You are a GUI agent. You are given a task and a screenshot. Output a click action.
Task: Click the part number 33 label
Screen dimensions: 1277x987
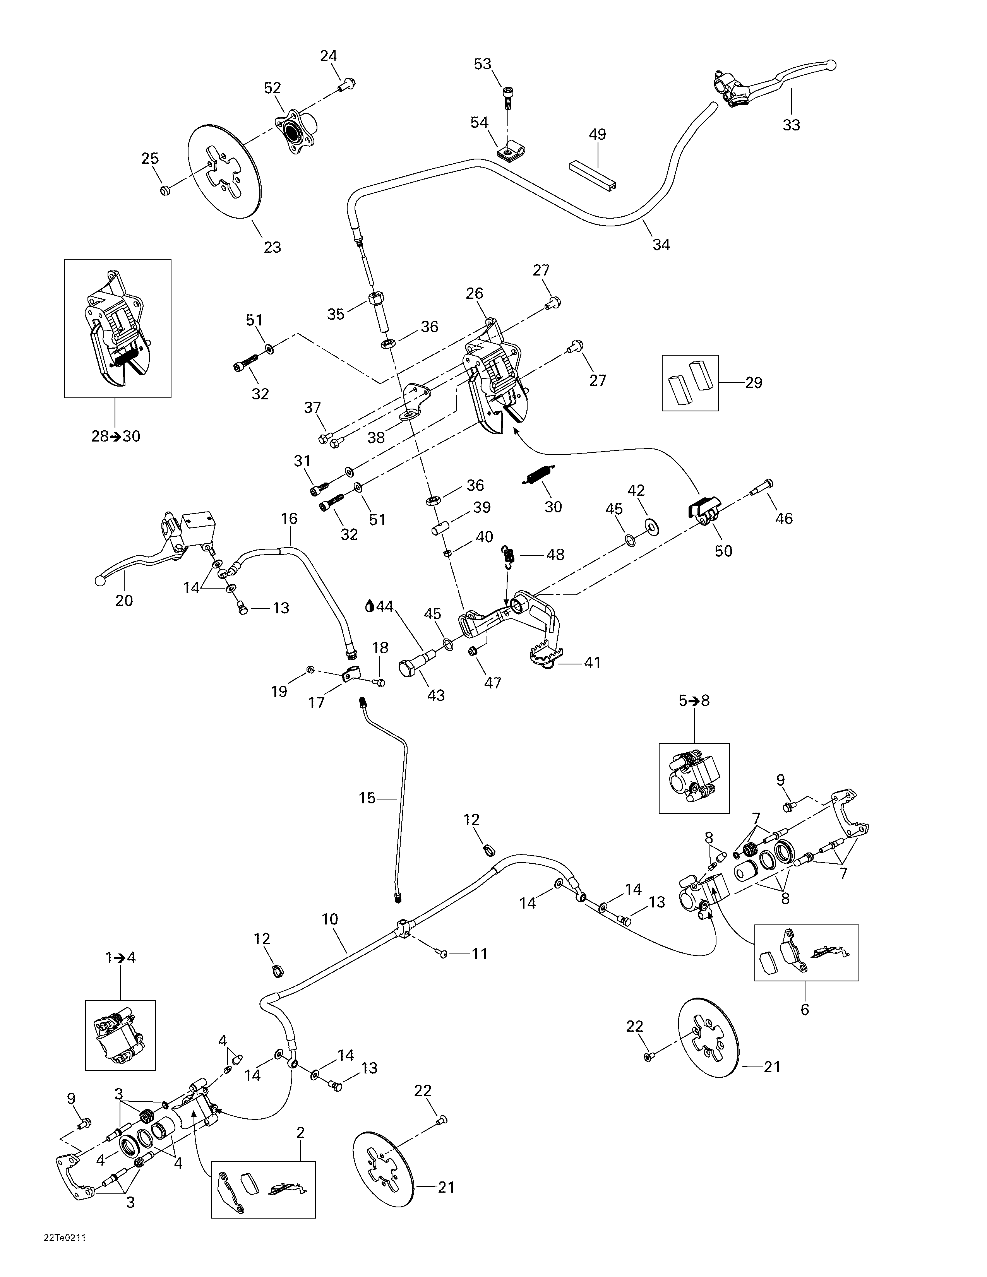[x=791, y=125]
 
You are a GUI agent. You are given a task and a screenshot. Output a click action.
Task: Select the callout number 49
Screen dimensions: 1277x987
[x=597, y=135]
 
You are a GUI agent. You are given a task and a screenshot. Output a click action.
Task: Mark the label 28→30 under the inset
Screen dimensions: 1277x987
[x=116, y=436]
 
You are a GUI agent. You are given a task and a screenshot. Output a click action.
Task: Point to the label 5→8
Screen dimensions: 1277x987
[x=694, y=700]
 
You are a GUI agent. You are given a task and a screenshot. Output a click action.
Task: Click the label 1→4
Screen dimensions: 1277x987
[x=120, y=958]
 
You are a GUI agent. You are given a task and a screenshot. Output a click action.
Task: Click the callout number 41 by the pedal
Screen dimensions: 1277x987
[x=592, y=662]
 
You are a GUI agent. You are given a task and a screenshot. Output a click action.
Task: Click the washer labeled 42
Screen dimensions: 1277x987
[x=651, y=524]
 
